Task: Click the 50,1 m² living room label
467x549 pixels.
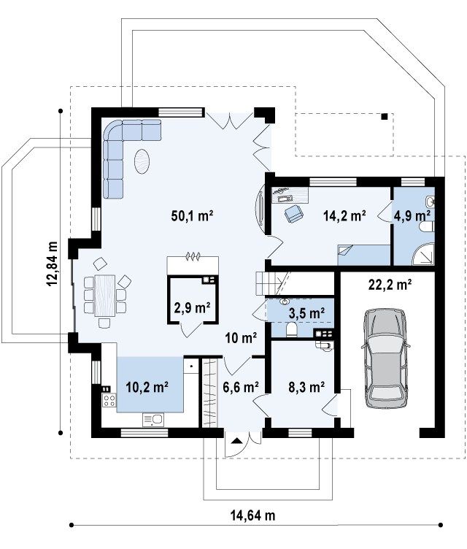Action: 192,215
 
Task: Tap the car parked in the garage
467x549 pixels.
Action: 385,358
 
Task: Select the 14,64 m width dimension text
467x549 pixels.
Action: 252,515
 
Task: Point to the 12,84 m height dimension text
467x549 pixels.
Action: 53,264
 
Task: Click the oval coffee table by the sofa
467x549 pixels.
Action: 142,161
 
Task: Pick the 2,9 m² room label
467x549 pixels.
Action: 192,308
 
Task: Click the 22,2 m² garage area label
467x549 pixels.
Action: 390,285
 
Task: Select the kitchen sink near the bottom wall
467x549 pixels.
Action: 153,420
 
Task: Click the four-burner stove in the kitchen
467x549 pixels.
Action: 109,400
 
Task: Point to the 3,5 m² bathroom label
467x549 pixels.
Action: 306,312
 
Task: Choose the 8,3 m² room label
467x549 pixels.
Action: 306,386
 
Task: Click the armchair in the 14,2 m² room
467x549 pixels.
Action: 294,214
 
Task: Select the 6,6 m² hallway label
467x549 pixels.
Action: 241,386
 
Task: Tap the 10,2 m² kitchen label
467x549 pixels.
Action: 147,386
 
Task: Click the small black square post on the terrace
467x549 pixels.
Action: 385,117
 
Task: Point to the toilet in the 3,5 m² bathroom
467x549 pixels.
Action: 291,330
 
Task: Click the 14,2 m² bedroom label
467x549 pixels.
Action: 345,215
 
